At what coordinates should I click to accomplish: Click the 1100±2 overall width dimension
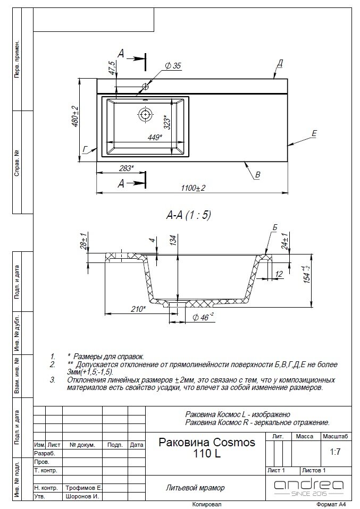(x=192, y=188)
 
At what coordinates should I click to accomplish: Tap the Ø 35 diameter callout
(x=173, y=66)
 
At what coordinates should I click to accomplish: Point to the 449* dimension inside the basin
(x=154, y=137)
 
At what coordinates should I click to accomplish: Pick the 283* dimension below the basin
(x=125, y=168)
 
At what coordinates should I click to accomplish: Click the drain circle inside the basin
(x=145, y=113)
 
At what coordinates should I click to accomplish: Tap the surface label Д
(x=280, y=63)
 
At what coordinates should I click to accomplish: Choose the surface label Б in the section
(x=275, y=228)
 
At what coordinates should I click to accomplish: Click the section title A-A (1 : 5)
(x=189, y=215)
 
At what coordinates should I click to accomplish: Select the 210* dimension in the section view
(x=138, y=309)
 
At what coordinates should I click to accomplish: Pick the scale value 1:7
(x=335, y=453)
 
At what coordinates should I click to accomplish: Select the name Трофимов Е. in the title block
(x=84, y=487)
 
